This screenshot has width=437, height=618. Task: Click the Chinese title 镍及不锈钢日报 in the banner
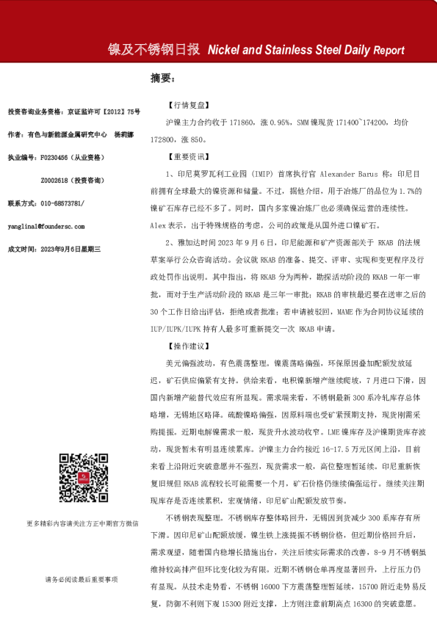[x=154, y=50]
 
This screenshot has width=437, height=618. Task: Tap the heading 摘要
[x=162, y=78]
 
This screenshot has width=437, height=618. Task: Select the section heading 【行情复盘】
[x=189, y=106]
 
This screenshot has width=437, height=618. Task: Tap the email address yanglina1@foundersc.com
[x=46, y=227]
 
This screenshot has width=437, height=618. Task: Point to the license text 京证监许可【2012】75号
[x=103, y=112]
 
